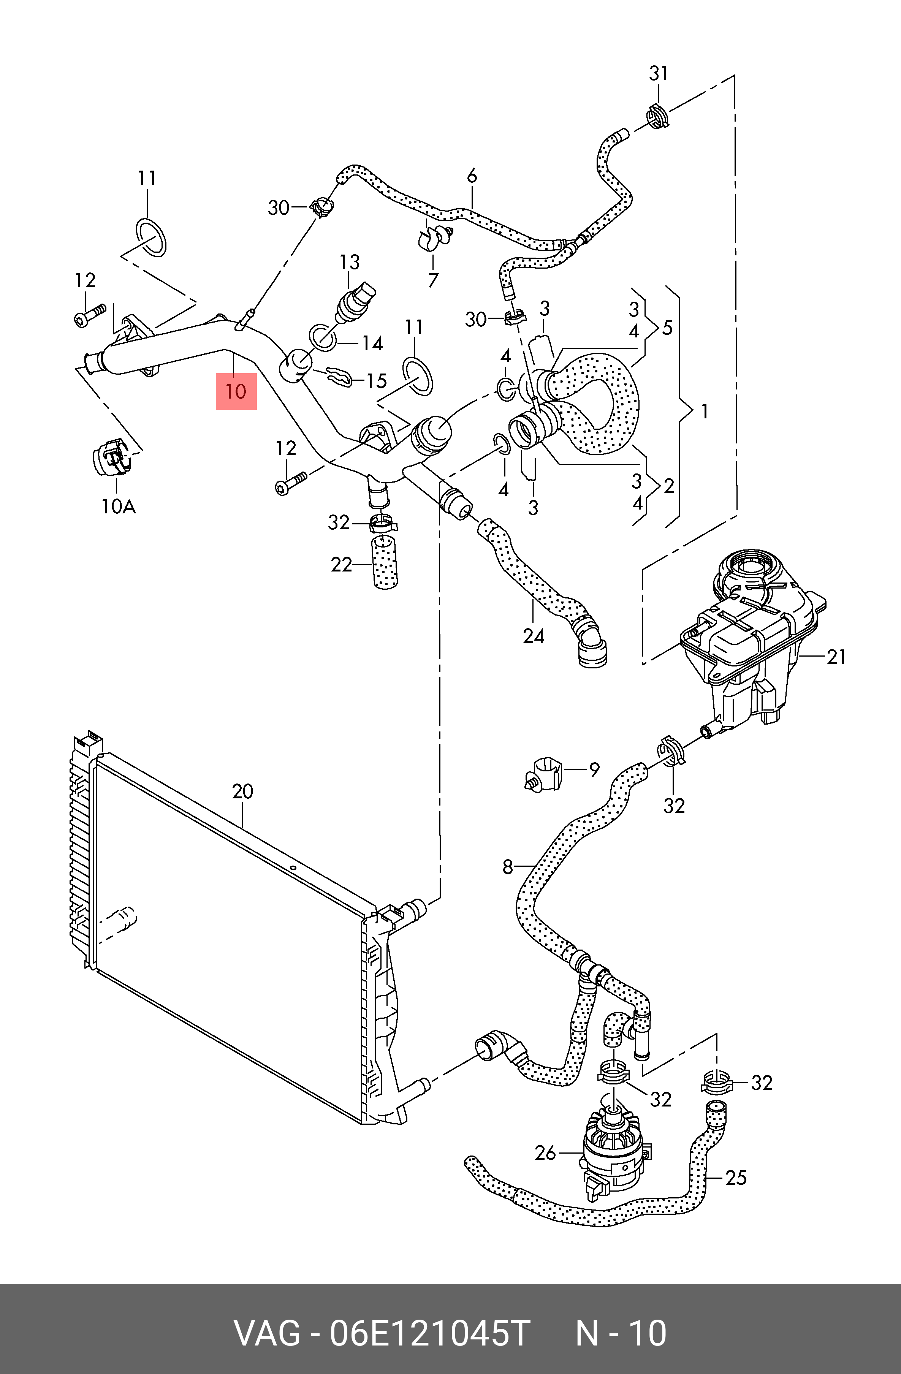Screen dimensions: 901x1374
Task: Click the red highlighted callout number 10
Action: click(x=236, y=391)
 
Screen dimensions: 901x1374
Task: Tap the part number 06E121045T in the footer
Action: click(x=429, y=1333)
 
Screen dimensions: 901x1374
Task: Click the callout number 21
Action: click(x=836, y=657)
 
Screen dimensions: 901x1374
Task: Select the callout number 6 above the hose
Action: click(x=472, y=176)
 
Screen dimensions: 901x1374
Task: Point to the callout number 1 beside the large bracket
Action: click(x=704, y=411)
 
